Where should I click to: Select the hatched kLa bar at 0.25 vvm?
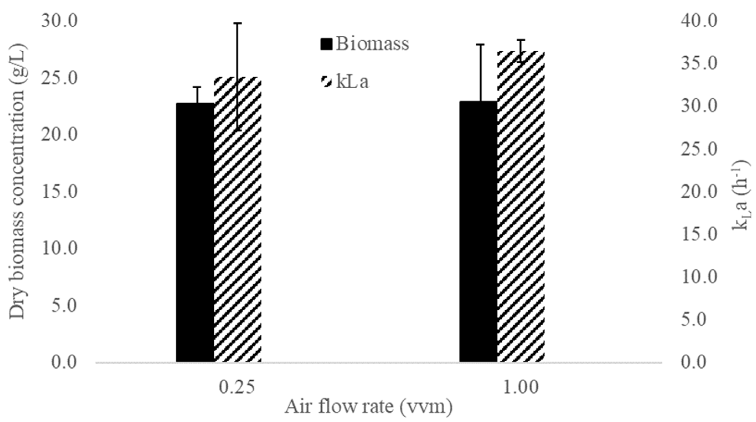[238, 235]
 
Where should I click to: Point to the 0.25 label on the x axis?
[237, 387]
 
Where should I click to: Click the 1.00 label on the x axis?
[521, 387]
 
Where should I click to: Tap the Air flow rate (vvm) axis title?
[368, 407]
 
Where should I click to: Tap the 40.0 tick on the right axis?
[698, 21]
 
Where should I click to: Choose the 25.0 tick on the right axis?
[698, 149]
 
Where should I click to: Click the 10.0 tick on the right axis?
[698, 277]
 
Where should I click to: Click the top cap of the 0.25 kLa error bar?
[238, 23]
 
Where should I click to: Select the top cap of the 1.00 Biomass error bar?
[480, 44]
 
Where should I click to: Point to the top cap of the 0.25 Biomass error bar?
[197, 87]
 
